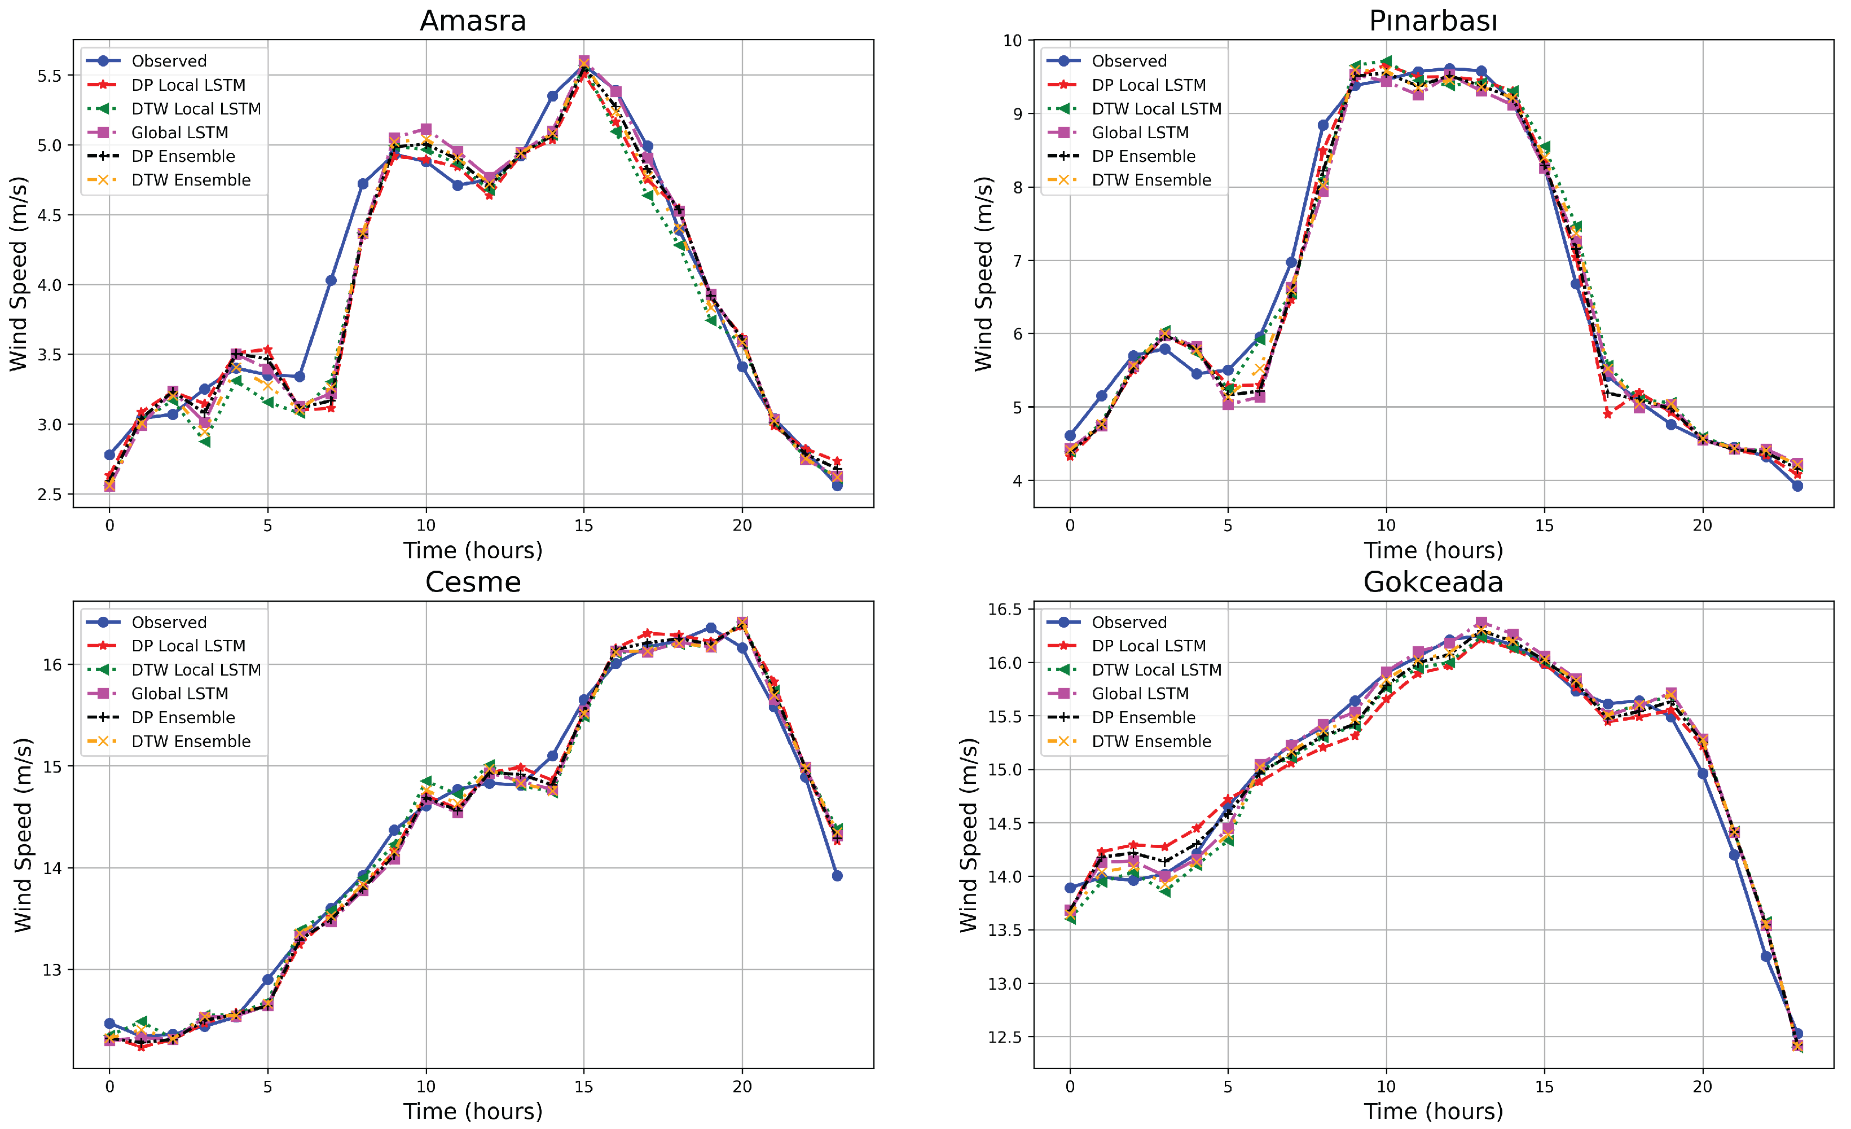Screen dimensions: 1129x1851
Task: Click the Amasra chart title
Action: click(473, 20)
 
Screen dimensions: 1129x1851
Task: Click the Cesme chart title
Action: click(473, 582)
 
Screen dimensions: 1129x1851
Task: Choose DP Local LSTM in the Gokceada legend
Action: click(1148, 646)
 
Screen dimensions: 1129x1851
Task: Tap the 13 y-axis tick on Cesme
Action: click(52, 970)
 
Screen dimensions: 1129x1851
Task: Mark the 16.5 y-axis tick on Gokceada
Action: click(1005, 609)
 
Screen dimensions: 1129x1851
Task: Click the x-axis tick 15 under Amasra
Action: click(584, 526)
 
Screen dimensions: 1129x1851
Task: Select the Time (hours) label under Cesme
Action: click(473, 1112)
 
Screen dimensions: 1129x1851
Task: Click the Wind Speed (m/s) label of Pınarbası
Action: click(983, 274)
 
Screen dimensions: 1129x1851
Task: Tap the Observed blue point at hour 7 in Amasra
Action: click(331, 280)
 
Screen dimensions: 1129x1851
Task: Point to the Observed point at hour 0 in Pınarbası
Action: click(1070, 436)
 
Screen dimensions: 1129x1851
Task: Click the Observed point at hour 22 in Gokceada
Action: click(1766, 956)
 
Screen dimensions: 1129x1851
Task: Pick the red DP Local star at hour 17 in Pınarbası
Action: click(1608, 414)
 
